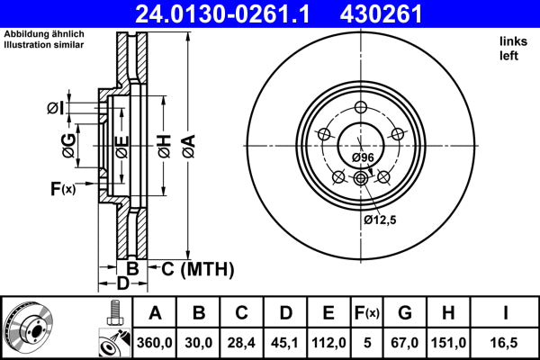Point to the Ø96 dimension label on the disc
pos(363,157)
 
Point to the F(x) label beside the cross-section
pos(62,188)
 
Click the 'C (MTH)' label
pos(197,268)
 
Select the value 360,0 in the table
pos(156,342)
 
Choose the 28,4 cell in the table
pos(242,342)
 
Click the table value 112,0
pos(328,342)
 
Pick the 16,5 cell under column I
pos(506,342)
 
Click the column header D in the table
pos(285,313)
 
